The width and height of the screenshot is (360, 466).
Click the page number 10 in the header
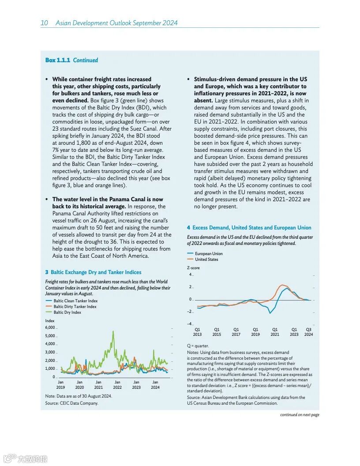click(x=45, y=23)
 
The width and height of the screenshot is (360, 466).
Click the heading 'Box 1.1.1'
click(x=57, y=60)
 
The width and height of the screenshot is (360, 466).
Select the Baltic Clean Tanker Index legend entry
click(x=75, y=301)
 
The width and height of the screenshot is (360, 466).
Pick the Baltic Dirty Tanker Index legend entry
click(x=75, y=307)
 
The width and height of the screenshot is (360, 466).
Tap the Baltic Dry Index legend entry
click(x=67, y=312)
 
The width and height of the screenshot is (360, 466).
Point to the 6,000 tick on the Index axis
click(x=50, y=327)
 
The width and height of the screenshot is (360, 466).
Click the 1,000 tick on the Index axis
click(x=50, y=368)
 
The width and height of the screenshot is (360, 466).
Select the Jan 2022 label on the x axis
click(x=117, y=385)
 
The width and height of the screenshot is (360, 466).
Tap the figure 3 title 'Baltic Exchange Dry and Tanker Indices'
click(x=96, y=272)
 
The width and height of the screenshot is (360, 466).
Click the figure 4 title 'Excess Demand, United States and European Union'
click(x=251, y=228)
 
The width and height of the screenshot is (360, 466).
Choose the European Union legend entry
click(x=209, y=254)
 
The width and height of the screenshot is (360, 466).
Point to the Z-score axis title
click(x=193, y=268)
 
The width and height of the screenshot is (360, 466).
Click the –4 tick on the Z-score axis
click(x=189, y=324)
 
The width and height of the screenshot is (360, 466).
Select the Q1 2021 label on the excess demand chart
click(x=275, y=332)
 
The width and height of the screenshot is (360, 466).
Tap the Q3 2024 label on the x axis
click(x=308, y=332)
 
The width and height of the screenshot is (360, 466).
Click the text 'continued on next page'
click(x=300, y=415)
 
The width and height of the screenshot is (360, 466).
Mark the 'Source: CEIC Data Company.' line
click(x=71, y=403)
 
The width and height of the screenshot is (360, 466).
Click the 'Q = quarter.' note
click(x=198, y=346)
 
